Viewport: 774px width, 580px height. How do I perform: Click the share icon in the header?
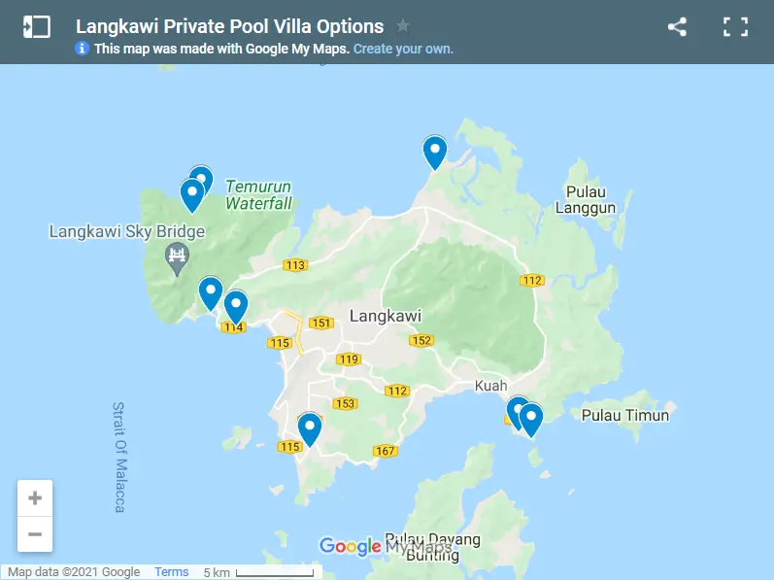[x=677, y=27]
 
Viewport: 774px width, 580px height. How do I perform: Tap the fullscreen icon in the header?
[x=735, y=27]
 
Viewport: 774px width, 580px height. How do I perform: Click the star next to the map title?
[x=403, y=26]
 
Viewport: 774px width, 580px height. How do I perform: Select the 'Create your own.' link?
[x=403, y=49]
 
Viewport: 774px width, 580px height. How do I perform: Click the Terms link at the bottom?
[x=172, y=572]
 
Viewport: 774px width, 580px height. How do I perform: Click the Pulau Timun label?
[x=624, y=416]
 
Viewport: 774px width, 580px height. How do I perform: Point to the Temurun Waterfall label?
[x=258, y=195]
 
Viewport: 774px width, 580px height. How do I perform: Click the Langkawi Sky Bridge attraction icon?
[x=177, y=256]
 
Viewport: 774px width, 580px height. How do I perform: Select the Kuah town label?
[x=490, y=386]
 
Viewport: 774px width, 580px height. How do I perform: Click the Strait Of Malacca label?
[x=119, y=457]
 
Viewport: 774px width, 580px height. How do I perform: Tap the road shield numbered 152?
[x=421, y=340]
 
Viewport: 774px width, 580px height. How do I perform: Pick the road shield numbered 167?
[x=385, y=450]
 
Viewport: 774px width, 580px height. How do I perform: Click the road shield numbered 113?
[x=295, y=265]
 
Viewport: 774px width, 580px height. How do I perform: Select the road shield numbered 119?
[x=349, y=359]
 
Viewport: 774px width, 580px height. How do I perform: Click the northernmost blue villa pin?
[x=434, y=153]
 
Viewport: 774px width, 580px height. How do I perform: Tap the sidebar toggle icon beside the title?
[x=36, y=27]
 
